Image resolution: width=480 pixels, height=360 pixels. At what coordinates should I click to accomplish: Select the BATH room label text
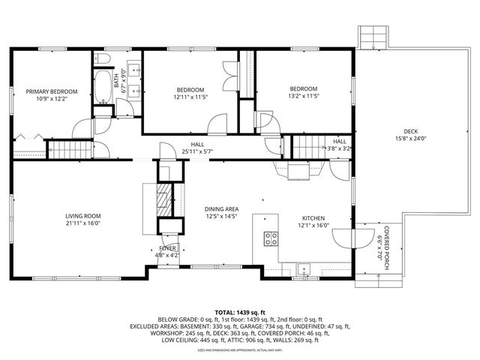117,78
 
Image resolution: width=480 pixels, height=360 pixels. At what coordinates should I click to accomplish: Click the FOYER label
166,247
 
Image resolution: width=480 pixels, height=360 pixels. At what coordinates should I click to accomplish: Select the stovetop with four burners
271,239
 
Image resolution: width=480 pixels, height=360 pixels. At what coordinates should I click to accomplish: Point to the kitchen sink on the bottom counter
304,268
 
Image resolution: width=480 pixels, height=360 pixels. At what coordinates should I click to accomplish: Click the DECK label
409,130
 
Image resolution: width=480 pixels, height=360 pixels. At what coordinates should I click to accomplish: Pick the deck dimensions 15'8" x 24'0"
409,138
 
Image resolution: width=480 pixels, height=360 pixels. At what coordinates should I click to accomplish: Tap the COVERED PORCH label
388,241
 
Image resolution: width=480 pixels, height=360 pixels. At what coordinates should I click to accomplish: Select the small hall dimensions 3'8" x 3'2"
339,148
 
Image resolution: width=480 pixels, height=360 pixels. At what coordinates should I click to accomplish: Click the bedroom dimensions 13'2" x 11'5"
304,96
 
